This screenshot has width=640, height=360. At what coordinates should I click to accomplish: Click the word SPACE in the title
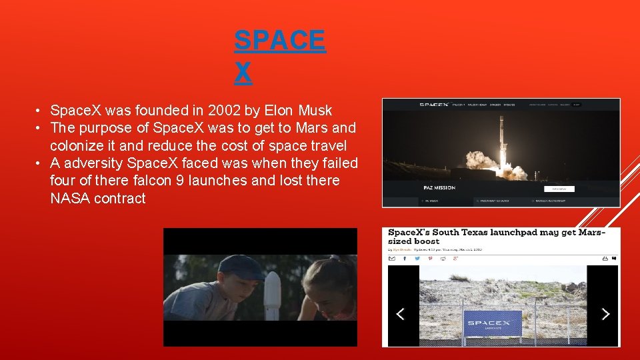(x=280, y=41)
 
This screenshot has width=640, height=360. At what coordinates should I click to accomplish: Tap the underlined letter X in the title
(x=243, y=73)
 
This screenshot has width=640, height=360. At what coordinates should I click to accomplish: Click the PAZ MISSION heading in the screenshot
(x=439, y=188)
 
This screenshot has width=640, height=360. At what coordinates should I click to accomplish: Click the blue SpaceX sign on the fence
(x=493, y=322)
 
